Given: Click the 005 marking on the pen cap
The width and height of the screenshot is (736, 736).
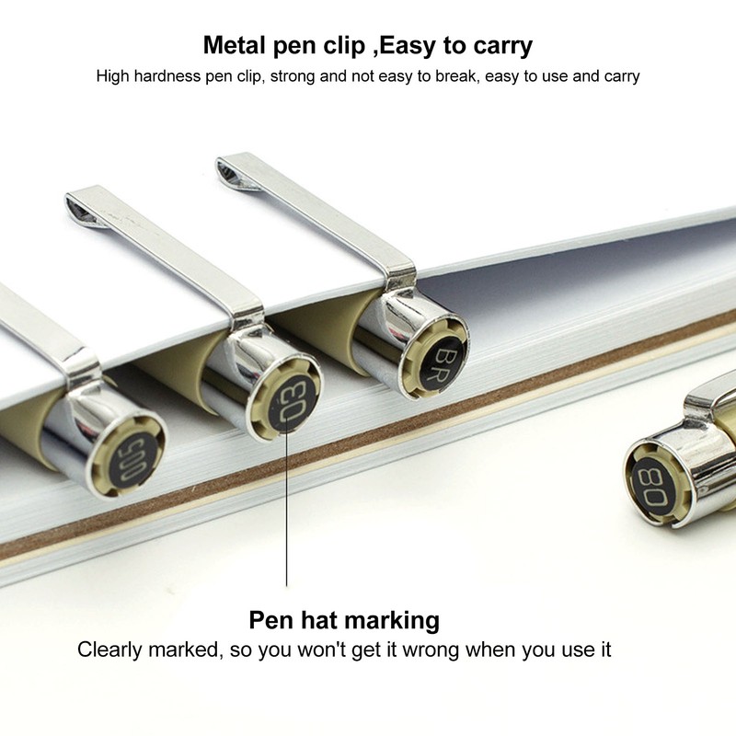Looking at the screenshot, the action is [x=133, y=460].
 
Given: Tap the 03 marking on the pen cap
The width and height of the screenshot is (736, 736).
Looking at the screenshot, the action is [x=288, y=402].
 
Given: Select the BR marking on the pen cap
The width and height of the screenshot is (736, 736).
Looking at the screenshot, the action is [x=442, y=362].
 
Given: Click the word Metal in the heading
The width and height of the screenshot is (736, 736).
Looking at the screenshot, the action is [x=235, y=45].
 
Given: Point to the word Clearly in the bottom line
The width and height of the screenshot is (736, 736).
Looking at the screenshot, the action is [x=109, y=650].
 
